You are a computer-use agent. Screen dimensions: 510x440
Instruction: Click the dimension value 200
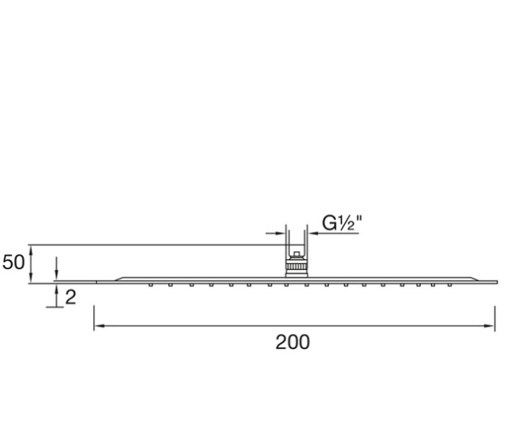(292, 342)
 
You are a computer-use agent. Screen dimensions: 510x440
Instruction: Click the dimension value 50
(14, 262)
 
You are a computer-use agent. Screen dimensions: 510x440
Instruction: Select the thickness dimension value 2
(71, 297)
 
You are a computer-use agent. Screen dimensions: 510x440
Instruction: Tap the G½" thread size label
(342, 223)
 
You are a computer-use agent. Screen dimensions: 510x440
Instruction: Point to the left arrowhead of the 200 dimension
(99, 325)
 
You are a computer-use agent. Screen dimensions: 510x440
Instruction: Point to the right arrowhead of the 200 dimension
(490, 325)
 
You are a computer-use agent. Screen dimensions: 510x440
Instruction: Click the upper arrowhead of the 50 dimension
(31, 249)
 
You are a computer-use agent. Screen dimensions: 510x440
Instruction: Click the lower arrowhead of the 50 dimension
(31, 279)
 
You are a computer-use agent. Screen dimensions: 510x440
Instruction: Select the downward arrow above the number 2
(56, 268)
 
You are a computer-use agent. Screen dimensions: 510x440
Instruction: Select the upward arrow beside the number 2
(56, 295)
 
